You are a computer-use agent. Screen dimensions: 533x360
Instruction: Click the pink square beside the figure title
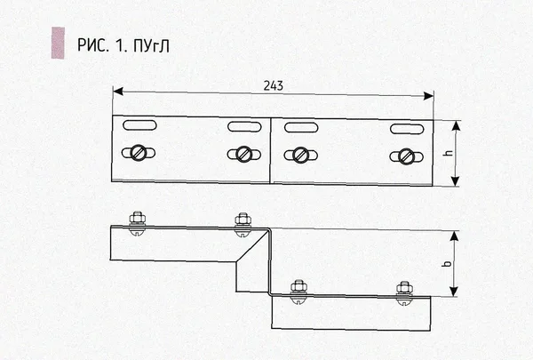[x=58, y=43]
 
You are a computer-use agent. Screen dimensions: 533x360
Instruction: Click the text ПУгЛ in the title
[x=151, y=45]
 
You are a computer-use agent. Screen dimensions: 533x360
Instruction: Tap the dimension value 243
[x=274, y=85]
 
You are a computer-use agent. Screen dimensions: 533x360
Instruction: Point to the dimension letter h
[x=449, y=153]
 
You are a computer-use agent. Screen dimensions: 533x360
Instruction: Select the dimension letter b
[x=448, y=263]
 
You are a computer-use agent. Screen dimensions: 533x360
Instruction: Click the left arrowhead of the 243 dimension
[x=117, y=91]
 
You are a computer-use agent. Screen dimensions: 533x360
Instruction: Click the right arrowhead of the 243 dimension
[x=429, y=96]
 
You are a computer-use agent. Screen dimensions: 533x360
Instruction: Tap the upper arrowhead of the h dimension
[x=457, y=125]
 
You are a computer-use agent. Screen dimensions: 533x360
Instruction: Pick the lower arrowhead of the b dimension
[x=453, y=292]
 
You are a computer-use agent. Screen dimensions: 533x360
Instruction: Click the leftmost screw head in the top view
[x=139, y=153]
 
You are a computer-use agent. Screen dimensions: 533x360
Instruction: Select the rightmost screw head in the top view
[x=407, y=156]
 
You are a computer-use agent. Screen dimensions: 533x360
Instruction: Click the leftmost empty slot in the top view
[x=139, y=124]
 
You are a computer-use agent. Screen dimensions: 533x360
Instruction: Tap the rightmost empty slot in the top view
[x=407, y=129]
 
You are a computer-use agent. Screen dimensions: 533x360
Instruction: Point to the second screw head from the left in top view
[x=244, y=154]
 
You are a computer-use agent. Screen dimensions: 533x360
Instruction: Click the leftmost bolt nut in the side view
[x=138, y=218]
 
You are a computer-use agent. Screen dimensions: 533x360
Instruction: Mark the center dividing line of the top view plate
[x=271, y=151]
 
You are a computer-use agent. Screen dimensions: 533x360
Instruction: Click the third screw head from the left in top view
[x=300, y=156]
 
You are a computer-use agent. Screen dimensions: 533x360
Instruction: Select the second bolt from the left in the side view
[x=243, y=224]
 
